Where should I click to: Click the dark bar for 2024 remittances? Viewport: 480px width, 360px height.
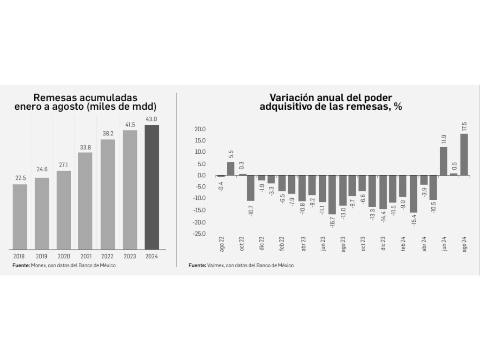(x=152, y=187)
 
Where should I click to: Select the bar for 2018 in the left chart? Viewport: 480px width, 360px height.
(x=20, y=217)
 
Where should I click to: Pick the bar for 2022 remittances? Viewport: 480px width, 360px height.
(x=107, y=194)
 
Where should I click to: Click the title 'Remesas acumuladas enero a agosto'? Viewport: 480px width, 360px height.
(x=85, y=102)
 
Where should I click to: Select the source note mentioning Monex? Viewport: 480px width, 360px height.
(x=64, y=265)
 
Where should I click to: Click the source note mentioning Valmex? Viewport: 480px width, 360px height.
(x=241, y=265)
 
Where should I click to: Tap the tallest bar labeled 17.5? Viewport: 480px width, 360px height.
(x=464, y=155)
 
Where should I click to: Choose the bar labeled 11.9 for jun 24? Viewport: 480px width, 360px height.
(x=443, y=161)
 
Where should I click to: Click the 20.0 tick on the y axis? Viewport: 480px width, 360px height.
(x=200, y=129)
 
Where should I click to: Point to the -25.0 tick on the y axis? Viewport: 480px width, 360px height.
(x=199, y=233)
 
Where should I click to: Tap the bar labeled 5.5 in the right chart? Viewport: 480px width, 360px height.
(x=231, y=169)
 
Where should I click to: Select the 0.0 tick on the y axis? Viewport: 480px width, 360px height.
(x=202, y=175)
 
